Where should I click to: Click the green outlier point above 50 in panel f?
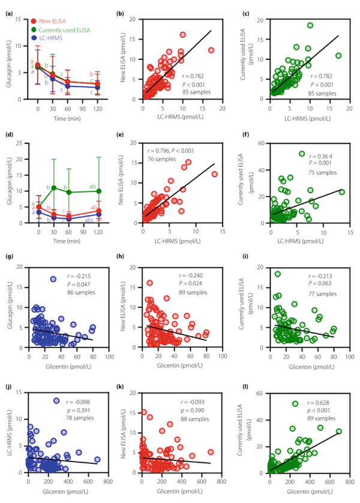click(x=302, y=154)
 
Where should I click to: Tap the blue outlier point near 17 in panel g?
click(x=53, y=279)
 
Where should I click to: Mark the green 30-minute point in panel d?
click(x=54, y=188)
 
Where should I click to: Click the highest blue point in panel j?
click(x=56, y=400)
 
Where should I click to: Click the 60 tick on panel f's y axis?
click(x=263, y=143)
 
